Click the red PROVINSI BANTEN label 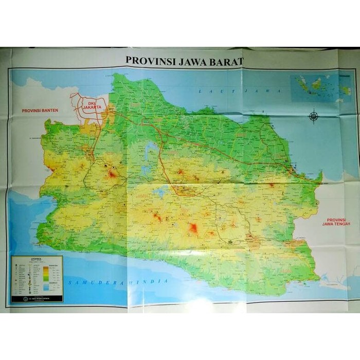pyautogui.click(x=40, y=110)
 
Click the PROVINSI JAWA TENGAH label pyautogui.click(x=336, y=221)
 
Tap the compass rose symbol pyautogui.click(x=313, y=116)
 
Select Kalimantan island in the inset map pyautogui.click(x=317, y=82)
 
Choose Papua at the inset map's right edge pyautogui.click(x=346, y=91)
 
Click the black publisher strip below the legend pyautogui.click(x=37, y=298)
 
